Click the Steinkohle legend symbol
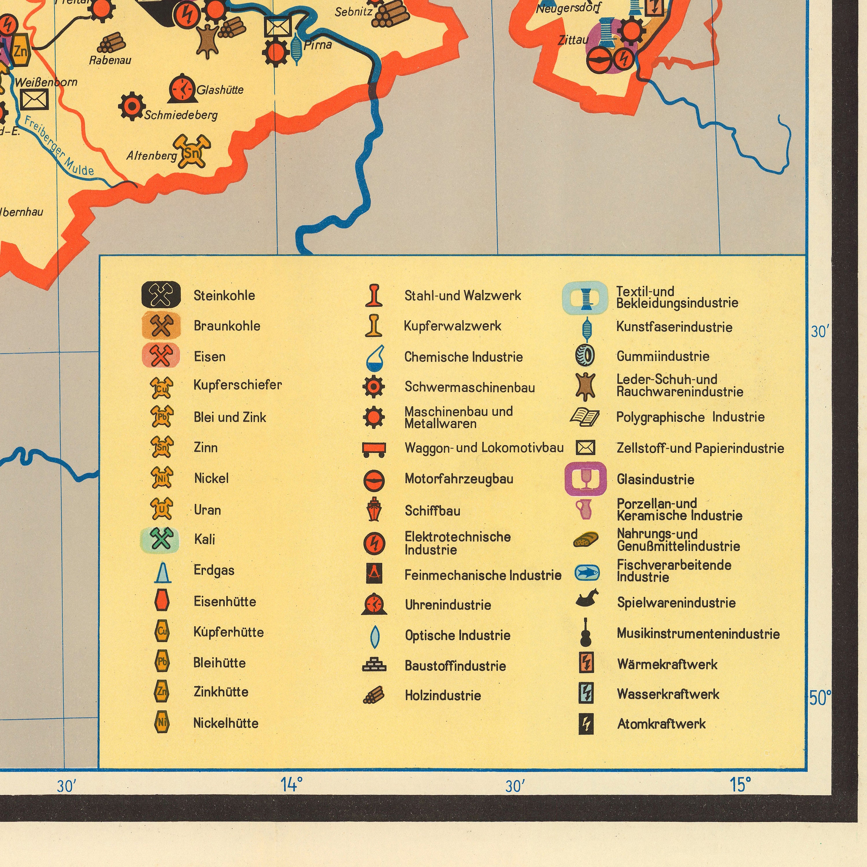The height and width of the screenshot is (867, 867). click(x=161, y=294)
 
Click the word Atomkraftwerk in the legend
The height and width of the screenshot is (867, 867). click(x=661, y=724)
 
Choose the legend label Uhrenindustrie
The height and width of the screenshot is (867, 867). click(x=448, y=605)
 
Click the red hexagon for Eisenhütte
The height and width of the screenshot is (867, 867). click(x=162, y=601)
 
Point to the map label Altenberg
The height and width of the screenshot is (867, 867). click(x=151, y=156)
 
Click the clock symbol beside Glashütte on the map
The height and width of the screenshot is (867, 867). click(x=182, y=88)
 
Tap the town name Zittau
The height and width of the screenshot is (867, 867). click(x=573, y=40)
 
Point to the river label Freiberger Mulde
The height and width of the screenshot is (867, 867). click(x=58, y=146)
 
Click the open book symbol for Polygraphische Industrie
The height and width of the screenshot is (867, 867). click(x=585, y=417)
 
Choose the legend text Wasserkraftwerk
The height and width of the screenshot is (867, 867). click(x=668, y=694)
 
